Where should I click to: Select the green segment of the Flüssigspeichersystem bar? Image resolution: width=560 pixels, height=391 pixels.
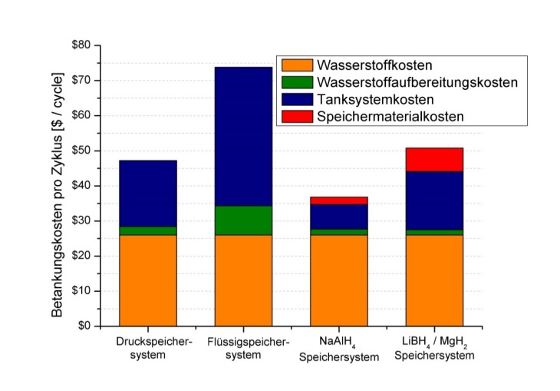pyautogui.click(x=243, y=220)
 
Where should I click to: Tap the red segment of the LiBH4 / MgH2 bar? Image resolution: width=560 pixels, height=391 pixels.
pyautogui.click(x=434, y=159)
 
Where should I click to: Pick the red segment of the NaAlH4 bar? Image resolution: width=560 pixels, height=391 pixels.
pyautogui.click(x=338, y=200)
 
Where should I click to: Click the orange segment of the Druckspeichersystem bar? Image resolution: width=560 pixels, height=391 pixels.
pyautogui.click(x=147, y=280)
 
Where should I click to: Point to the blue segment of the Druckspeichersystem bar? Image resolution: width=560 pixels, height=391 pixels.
pyautogui.click(x=147, y=193)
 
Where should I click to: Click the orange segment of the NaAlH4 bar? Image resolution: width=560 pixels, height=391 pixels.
pyautogui.click(x=338, y=280)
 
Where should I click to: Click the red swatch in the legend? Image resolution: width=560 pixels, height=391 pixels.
pyautogui.click(x=295, y=116)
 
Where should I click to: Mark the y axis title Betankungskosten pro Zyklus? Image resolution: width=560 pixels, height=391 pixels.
pyautogui.click(x=58, y=186)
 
